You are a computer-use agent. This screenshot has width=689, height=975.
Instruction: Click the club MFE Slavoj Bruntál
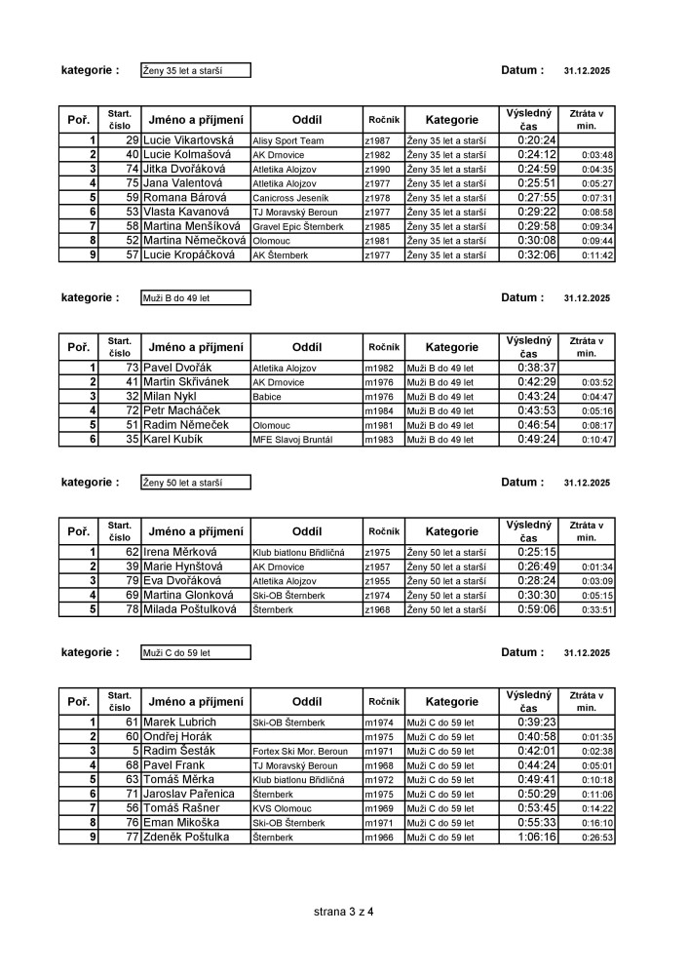click(292, 440)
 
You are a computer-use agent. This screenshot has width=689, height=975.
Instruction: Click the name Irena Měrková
click(182, 552)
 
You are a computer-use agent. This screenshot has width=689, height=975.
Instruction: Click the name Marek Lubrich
click(179, 722)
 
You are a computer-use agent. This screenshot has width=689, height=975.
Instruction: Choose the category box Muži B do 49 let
click(195, 298)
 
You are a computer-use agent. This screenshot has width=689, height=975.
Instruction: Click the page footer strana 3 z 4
click(344, 913)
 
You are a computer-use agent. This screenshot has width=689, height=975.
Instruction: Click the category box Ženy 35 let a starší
click(195, 70)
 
